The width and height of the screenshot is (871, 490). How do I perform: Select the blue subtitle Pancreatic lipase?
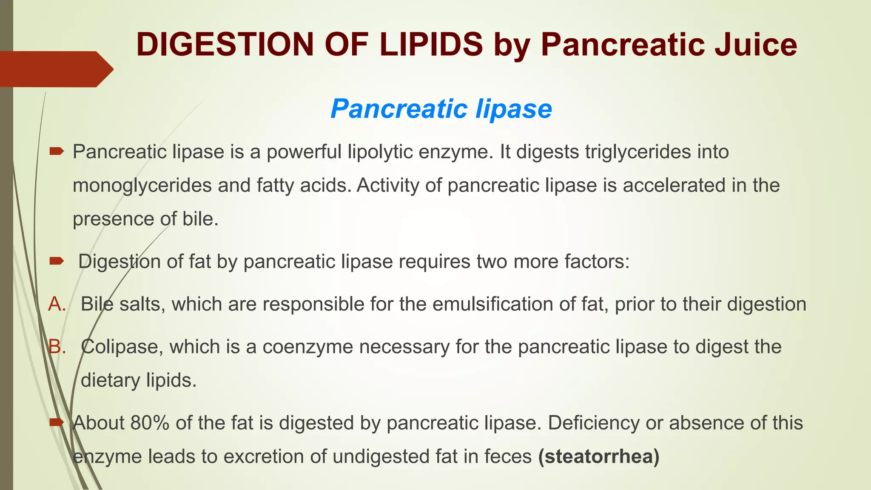pyautogui.click(x=441, y=109)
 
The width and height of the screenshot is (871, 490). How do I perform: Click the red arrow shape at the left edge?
pyautogui.click(x=55, y=69)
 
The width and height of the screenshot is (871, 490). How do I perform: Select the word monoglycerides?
pyautogui.click(x=142, y=186)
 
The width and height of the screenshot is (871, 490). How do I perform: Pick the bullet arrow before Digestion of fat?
pyautogui.click(x=56, y=260)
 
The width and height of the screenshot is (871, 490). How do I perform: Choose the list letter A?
pyautogui.click(x=57, y=304)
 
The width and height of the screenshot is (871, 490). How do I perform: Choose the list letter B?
pyautogui.click(x=57, y=347)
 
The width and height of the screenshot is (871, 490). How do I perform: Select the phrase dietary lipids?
pyautogui.click(x=139, y=380)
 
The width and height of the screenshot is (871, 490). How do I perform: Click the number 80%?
pyautogui.click(x=150, y=423)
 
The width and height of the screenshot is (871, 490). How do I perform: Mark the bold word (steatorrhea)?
pyautogui.click(x=598, y=457)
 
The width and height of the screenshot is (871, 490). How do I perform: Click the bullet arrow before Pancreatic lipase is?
pyautogui.click(x=56, y=151)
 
